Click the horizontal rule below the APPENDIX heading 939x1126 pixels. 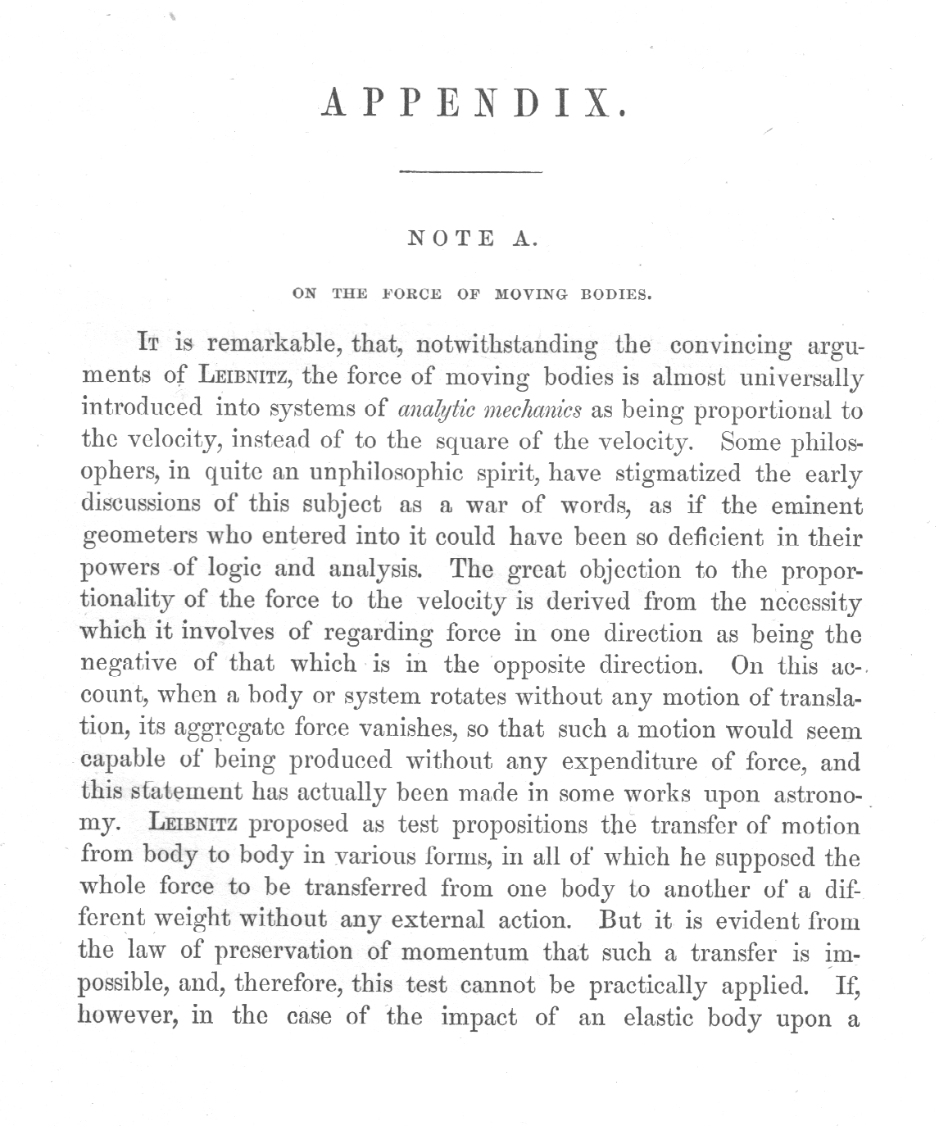click(470, 172)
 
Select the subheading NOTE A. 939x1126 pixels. click(472, 239)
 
